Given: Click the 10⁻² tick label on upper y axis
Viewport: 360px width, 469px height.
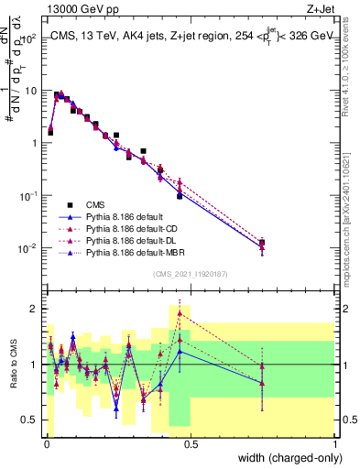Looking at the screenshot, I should click(x=27, y=248).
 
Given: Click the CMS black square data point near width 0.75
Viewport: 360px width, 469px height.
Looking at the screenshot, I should click(x=262, y=243).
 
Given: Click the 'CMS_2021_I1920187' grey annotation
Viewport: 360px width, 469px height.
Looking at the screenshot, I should click(x=190, y=274).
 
